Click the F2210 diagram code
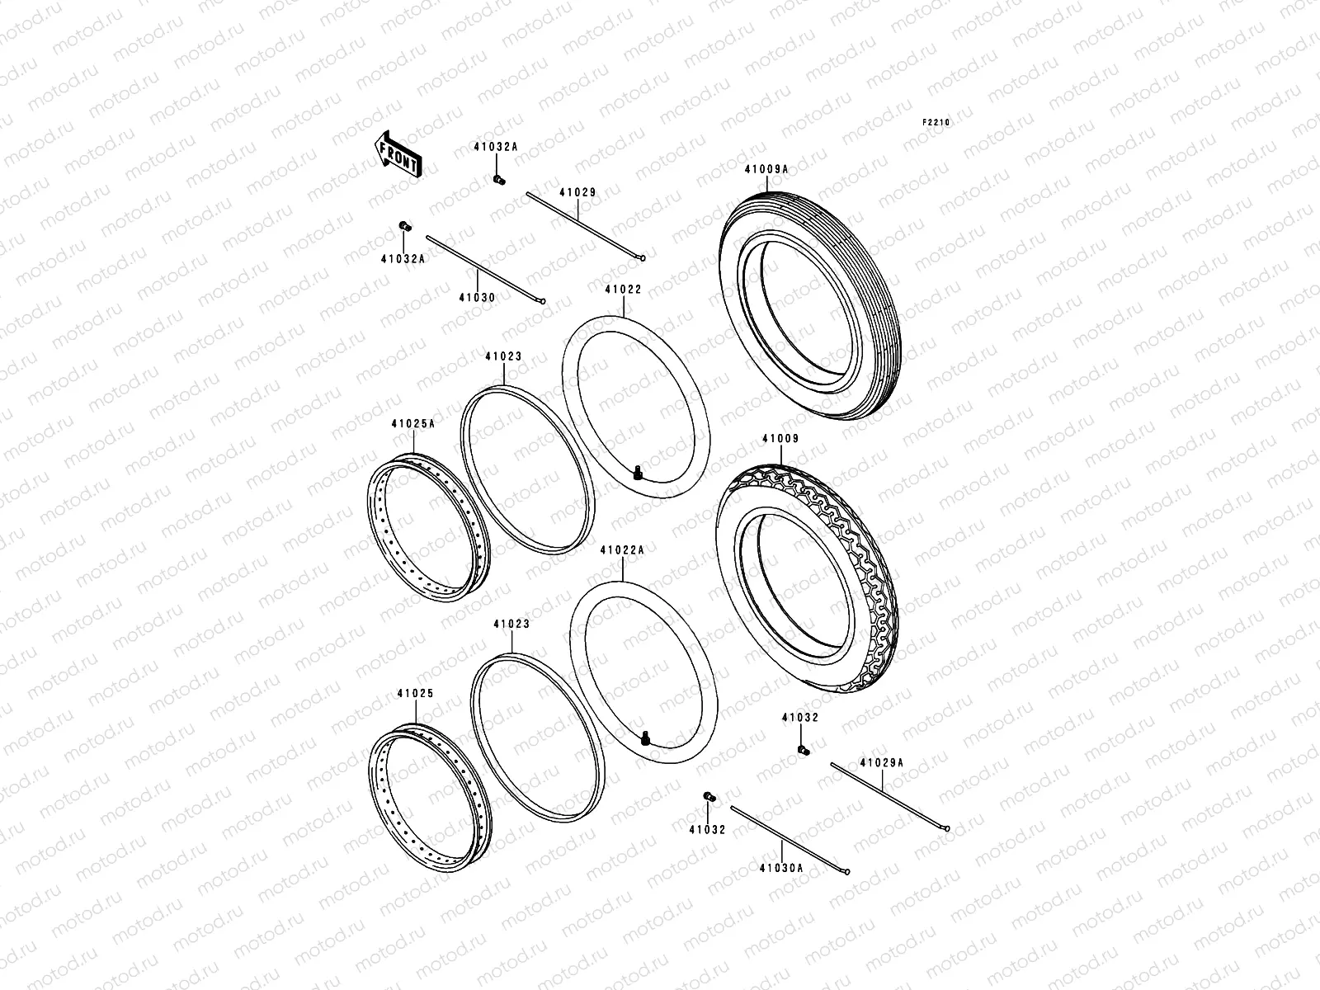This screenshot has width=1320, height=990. (x=936, y=122)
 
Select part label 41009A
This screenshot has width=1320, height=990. (x=766, y=169)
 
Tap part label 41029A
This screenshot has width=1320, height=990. (x=881, y=763)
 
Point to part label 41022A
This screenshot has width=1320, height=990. (x=622, y=549)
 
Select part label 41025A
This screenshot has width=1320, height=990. (x=412, y=424)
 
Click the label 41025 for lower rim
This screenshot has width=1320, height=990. (x=414, y=694)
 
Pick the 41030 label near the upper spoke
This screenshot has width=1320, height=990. (x=477, y=297)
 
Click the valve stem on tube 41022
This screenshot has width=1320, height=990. (x=638, y=473)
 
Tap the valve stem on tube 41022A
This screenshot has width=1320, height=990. (x=646, y=738)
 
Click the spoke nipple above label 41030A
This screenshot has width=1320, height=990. (x=708, y=795)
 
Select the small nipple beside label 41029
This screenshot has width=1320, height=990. (x=498, y=179)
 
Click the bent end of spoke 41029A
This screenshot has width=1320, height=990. (x=950, y=828)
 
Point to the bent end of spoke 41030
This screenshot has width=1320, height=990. (x=541, y=301)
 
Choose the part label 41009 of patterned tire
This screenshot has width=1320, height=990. (x=780, y=440)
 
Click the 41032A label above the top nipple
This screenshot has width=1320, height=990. (x=495, y=147)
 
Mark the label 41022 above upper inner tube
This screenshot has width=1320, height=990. (x=623, y=290)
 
